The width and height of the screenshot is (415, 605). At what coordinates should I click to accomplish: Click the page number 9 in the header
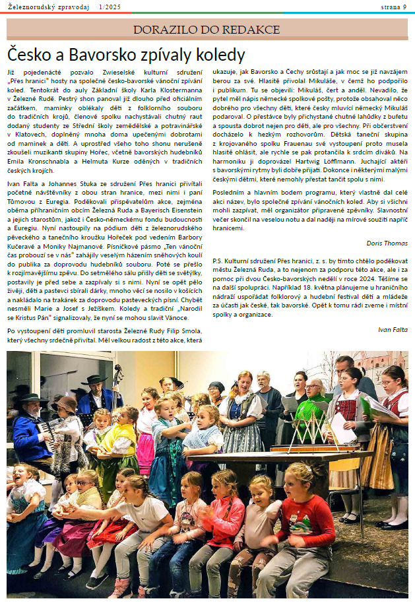[x=404, y=7]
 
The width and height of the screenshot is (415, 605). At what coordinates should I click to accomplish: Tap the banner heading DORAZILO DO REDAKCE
[x=207, y=29]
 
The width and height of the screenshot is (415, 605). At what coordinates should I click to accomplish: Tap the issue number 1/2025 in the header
[x=111, y=7]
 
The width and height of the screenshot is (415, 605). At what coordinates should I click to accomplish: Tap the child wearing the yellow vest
[x=119, y=449]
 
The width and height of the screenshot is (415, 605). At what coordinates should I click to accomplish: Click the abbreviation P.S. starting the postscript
[x=218, y=261]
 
